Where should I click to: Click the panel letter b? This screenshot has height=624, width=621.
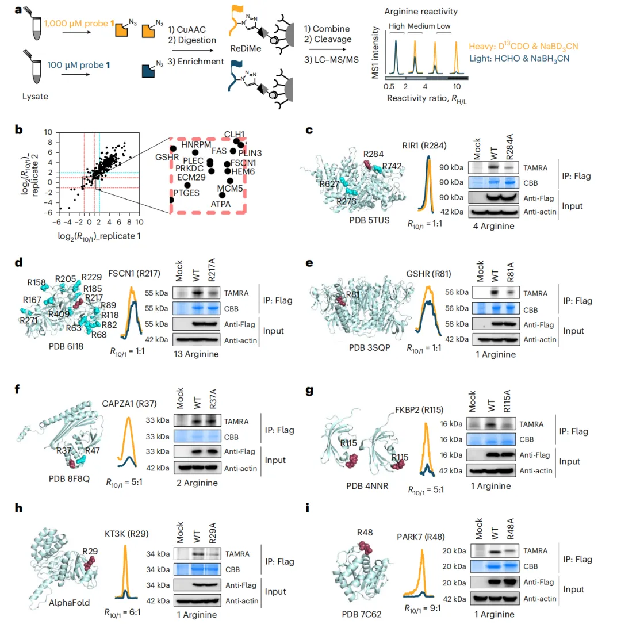pyautogui.click(x=20, y=130)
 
